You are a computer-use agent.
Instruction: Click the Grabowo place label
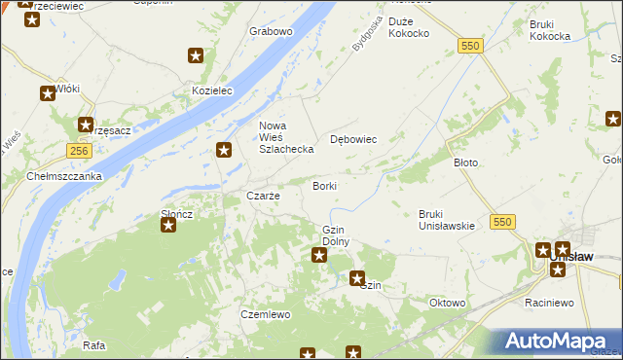pos(271,31)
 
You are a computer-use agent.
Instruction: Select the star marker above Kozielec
pos(196,56)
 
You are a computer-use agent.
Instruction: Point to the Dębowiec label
pos(353,139)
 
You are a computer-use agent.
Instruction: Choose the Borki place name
pos(324,185)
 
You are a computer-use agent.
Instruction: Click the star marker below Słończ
pos(168,225)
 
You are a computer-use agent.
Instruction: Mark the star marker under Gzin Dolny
pos(319,255)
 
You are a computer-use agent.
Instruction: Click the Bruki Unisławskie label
pos(446,220)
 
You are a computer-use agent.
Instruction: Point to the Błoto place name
pos(466,162)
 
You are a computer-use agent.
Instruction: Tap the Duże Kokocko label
pos(408,27)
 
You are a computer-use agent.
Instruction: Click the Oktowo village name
pos(448,303)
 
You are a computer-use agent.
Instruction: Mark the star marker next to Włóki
pos(47,94)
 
